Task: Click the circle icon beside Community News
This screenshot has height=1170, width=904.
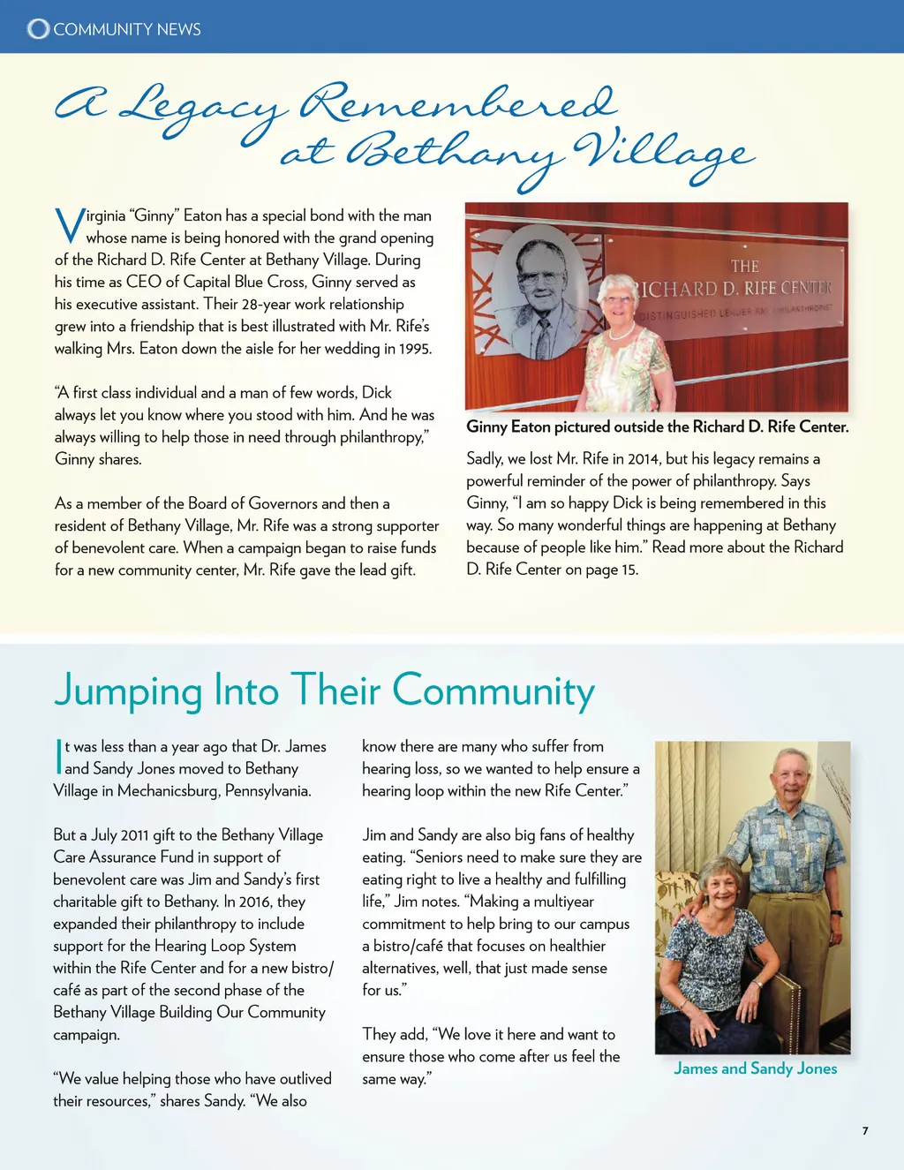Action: coord(38,29)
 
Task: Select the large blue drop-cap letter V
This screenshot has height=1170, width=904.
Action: coord(69,226)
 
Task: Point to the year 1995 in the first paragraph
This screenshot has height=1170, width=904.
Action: coord(415,349)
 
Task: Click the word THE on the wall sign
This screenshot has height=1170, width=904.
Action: coord(744,266)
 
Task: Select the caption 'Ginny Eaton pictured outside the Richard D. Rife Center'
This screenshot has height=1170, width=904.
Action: coord(657,427)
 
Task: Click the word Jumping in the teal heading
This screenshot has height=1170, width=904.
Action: coord(129,691)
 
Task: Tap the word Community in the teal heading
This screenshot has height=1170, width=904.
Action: coord(493,691)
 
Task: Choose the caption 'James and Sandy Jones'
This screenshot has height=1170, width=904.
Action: coord(755,1068)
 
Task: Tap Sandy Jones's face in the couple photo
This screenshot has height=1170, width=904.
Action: coord(719,883)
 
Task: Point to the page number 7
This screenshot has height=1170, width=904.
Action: coord(865,1130)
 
